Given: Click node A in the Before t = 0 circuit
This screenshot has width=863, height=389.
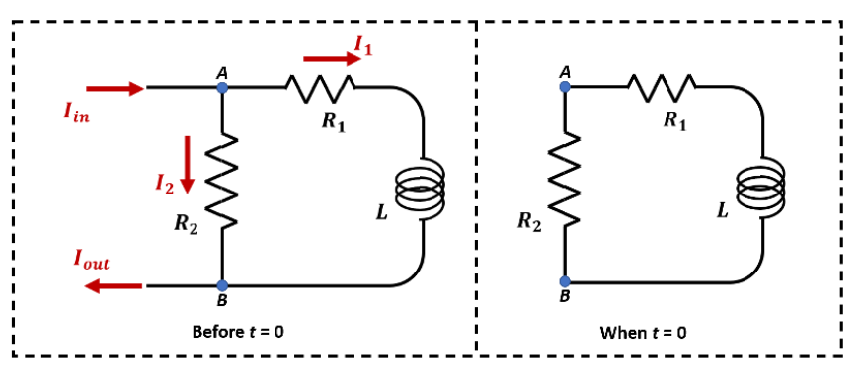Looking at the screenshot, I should [x=222, y=88].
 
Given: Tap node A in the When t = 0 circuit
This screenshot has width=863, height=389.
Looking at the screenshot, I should [x=565, y=87].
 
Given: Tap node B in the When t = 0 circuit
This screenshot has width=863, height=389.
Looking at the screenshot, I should [x=565, y=281].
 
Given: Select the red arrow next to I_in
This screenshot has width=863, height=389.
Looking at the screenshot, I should [x=115, y=89].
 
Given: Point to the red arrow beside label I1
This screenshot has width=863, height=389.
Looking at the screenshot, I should [x=332, y=58].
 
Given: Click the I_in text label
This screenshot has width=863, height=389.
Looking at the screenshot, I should [x=76, y=115].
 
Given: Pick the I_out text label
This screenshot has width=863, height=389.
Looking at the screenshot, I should [x=91, y=261].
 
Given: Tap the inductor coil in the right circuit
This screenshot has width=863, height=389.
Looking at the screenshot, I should [x=762, y=187].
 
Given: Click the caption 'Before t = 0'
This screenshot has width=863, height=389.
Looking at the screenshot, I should [x=237, y=332].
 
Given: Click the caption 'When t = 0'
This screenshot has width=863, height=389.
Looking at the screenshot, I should [x=643, y=332].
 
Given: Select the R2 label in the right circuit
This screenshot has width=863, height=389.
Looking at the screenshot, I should [x=529, y=222].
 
